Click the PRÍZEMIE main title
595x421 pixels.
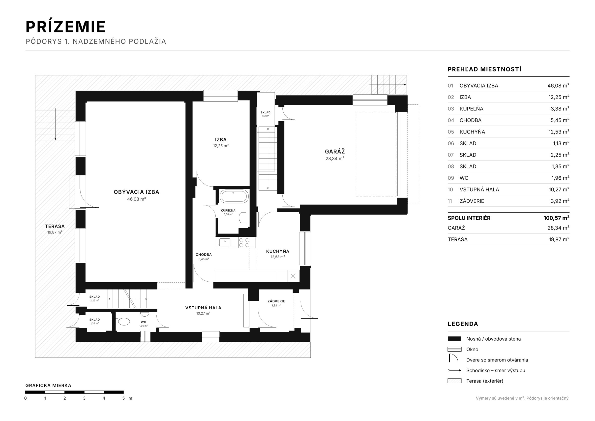click(65, 27)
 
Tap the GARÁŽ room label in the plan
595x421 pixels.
click(335, 152)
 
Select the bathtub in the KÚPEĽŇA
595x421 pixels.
click(234, 196)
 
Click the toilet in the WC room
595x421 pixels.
click(124, 322)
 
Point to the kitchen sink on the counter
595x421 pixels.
click(225, 242)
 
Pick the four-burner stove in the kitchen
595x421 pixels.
click(244, 243)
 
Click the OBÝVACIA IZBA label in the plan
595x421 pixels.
click(136, 192)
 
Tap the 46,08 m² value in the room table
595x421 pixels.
click(558, 86)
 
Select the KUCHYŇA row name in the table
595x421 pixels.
click(472, 132)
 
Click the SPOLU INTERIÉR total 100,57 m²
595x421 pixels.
click(556, 218)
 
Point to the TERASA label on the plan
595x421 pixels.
click(55, 227)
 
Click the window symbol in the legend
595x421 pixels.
click(454, 349)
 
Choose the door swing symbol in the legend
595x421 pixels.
click(453, 358)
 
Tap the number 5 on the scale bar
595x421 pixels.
click(123, 398)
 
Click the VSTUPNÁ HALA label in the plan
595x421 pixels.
click(203, 308)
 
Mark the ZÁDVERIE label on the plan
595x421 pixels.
click(276, 301)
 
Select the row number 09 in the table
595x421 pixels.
click(451, 178)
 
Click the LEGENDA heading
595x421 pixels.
click(463, 324)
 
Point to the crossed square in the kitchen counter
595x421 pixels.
click(293, 276)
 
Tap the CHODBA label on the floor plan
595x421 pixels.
click(204, 255)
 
